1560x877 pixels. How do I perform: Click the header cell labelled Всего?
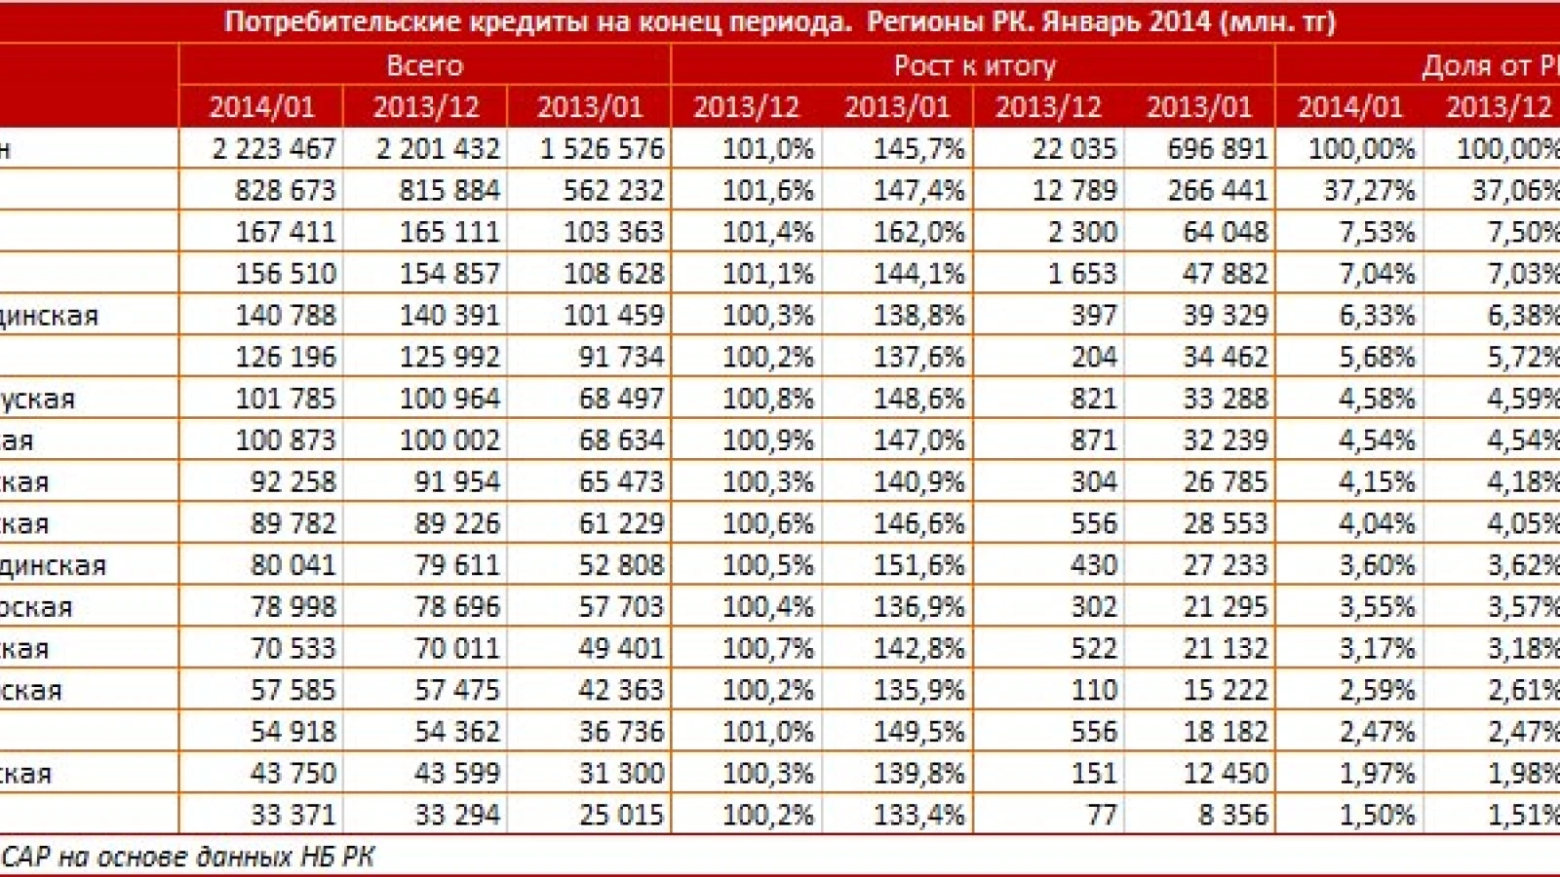424,65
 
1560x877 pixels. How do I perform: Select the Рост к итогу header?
974,65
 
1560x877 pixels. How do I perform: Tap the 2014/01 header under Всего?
261,106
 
